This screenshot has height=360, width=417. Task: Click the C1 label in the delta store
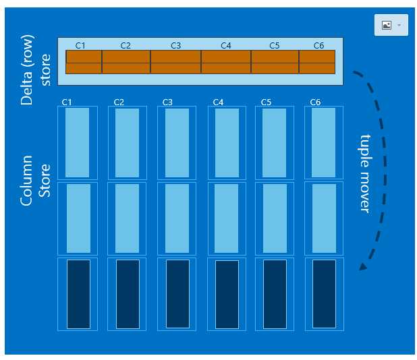point(80,45)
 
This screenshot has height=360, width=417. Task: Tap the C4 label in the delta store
point(226,45)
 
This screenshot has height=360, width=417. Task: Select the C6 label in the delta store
point(319,45)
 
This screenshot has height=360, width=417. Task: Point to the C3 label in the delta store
point(175,45)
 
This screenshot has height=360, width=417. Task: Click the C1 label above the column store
point(67,102)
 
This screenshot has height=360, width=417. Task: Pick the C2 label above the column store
point(119,102)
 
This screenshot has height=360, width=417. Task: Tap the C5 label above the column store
point(265,102)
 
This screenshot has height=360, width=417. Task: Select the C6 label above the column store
point(315,102)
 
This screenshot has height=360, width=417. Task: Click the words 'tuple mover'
point(365,173)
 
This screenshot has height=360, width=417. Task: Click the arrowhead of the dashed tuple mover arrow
point(363,266)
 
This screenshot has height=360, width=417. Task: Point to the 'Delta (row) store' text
point(36,71)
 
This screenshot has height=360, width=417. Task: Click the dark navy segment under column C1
point(78,294)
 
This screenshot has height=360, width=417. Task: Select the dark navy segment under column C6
point(325,294)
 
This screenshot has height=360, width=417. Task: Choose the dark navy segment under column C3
point(177,294)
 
